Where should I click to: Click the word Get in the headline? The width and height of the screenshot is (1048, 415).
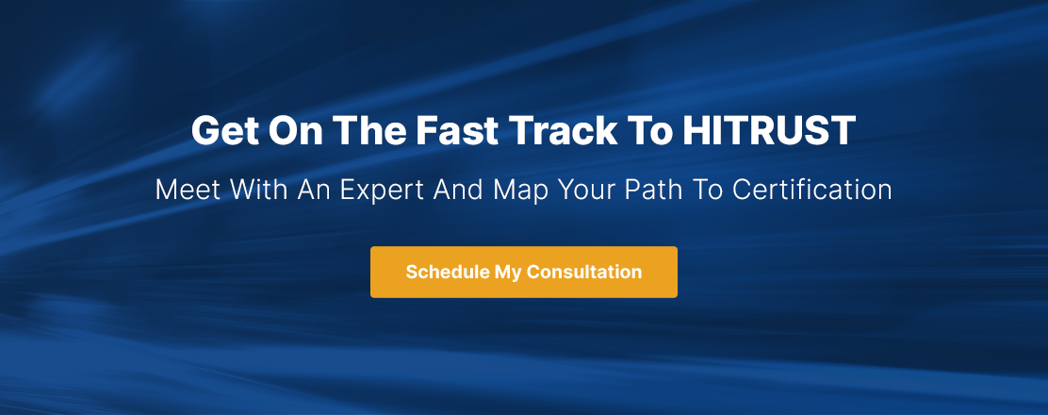[x=224, y=131]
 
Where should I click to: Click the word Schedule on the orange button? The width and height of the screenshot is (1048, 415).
[x=447, y=273]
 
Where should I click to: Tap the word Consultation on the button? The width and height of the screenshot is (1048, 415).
[x=584, y=273]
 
